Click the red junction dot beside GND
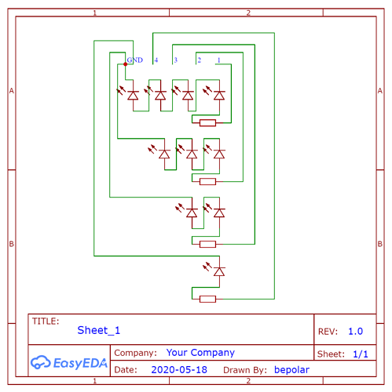click(x=126, y=64)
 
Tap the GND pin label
click(x=135, y=60)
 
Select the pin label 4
click(x=156, y=60)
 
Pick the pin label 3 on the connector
click(x=176, y=60)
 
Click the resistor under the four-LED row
click(x=207, y=122)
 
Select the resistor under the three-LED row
click(x=207, y=181)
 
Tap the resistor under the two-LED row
click(x=207, y=244)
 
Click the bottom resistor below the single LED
click(x=207, y=299)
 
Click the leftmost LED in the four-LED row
click(x=128, y=94)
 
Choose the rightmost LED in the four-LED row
click(x=214, y=94)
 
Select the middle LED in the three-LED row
click(x=187, y=153)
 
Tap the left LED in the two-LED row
click(x=187, y=212)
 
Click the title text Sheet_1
click(x=99, y=331)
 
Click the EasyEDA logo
click(x=69, y=363)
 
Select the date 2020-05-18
click(x=179, y=370)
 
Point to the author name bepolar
click(x=291, y=370)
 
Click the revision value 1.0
click(x=355, y=332)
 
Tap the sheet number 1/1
click(x=361, y=354)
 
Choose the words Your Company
click(x=200, y=353)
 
